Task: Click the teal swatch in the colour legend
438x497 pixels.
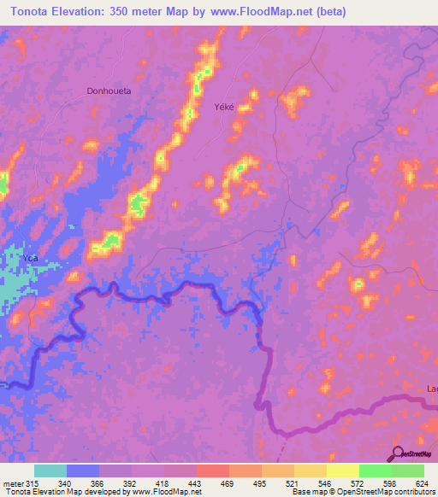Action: [50, 471]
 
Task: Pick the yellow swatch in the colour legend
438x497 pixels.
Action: [342, 471]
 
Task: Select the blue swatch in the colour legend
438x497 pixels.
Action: [83, 471]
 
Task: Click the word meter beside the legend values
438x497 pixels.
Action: [11, 482]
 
